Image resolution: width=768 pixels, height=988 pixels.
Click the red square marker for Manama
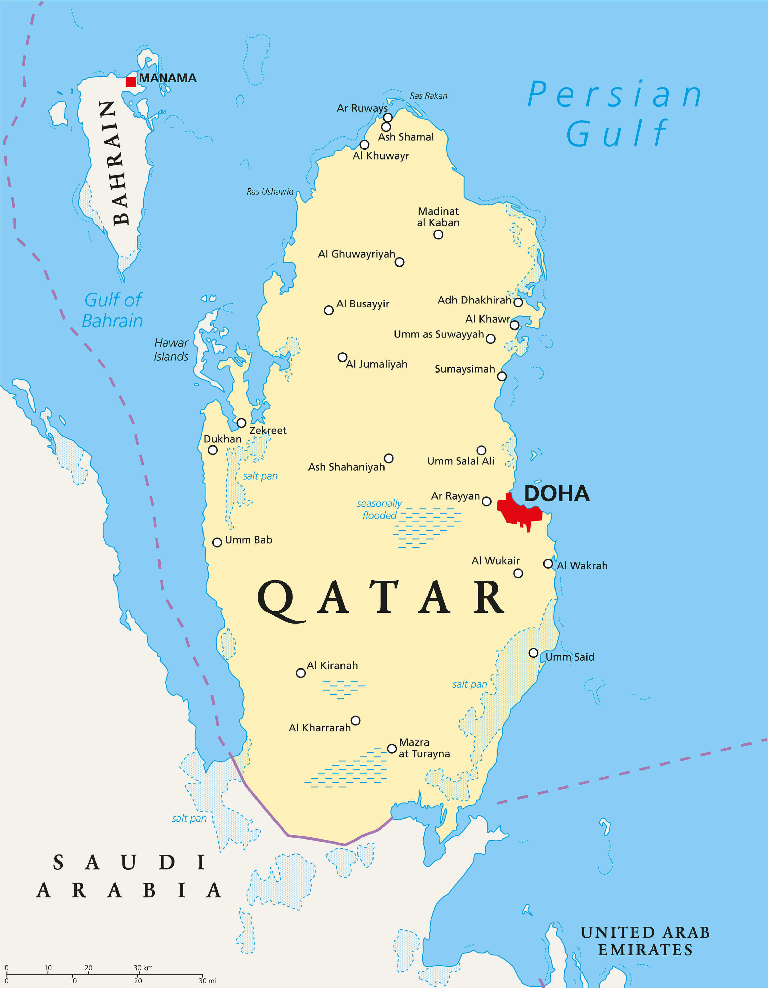coord(131,81)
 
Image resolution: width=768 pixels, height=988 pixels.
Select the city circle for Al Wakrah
coord(548,564)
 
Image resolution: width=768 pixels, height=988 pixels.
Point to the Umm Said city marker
coord(533,653)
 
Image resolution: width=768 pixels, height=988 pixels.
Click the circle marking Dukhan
coord(212,450)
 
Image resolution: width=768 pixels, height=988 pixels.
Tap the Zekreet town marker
coord(241,423)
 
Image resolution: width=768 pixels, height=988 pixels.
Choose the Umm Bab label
coord(248,540)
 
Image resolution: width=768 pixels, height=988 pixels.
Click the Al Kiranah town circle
coord(301,673)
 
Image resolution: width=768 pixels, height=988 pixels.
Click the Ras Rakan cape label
coord(428,96)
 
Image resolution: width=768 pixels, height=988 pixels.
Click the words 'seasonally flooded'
coord(379,509)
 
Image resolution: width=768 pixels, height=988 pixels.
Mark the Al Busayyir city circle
coord(329,310)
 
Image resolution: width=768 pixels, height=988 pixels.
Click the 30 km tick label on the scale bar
coord(143,968)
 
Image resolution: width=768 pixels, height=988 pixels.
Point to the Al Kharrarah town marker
coord(356,720)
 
